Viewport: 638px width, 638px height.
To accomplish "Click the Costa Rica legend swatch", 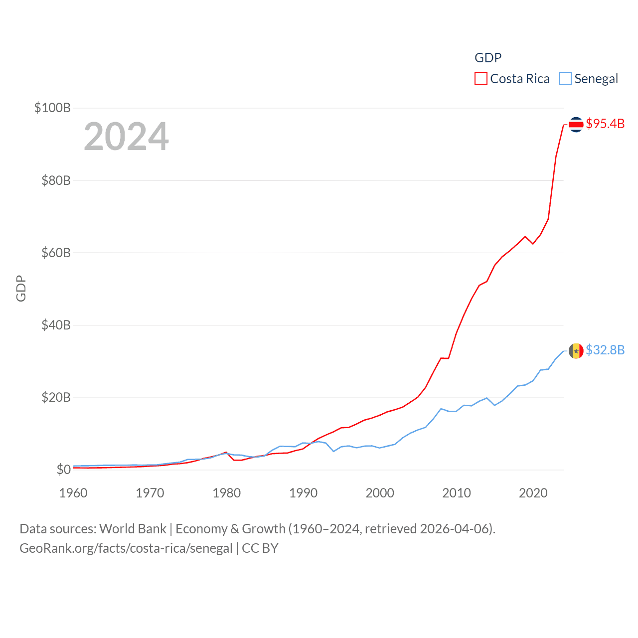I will click(x=480, y=79).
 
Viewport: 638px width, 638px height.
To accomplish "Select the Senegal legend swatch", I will click(x=565, y=79).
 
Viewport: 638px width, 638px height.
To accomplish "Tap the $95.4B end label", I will click(x=605, y=124).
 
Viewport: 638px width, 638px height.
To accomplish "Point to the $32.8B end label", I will click(x=605, y=350).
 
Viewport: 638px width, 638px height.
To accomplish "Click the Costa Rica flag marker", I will click(x=576, y=124).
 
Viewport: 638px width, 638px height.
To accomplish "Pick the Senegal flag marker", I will click(x=576, y=351).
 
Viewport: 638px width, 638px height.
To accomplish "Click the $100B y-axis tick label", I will click(x=52, y=108).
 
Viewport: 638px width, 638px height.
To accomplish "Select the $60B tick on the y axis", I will click(x=56, y=253).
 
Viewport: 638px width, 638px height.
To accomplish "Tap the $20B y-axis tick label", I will click(x=56, y=397).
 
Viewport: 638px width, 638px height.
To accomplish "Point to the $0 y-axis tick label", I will click(x=63, y=470).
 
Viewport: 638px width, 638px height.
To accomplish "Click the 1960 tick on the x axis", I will click(x=73, y=493).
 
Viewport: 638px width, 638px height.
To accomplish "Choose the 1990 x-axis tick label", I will click(x=303, y=493).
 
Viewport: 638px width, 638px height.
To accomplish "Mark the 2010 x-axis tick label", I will click(x=457, y=493).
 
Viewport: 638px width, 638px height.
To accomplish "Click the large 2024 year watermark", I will click(x=126, y=137).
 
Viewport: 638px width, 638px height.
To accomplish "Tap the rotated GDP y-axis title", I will click(x=21, y=288).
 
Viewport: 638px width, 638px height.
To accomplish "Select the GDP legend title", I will click(x=488, y=58).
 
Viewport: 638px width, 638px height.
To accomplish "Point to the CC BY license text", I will click(x=260, y=548).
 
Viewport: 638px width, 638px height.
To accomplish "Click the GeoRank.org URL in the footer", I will click(x=126, y=548).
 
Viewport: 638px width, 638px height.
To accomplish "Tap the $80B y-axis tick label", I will click(x=56, y=180).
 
